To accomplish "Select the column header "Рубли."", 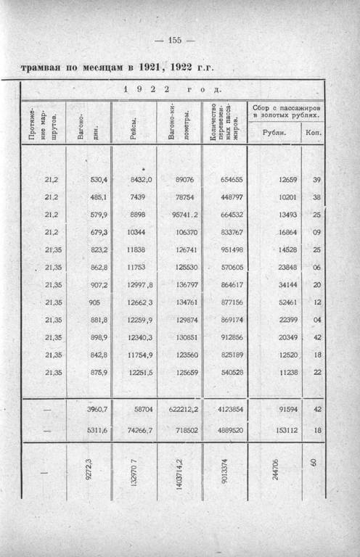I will (273, 133).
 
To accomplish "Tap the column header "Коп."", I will (314, 133).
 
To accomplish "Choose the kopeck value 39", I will (316, 179).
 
